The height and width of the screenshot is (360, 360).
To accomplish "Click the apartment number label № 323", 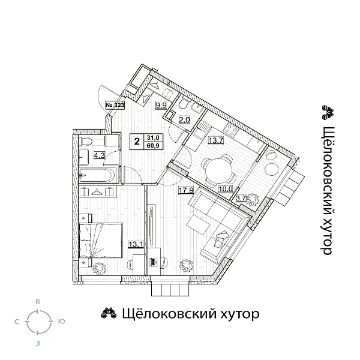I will pos(114,104).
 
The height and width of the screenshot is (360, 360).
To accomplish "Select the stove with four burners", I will pos(230,130).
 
